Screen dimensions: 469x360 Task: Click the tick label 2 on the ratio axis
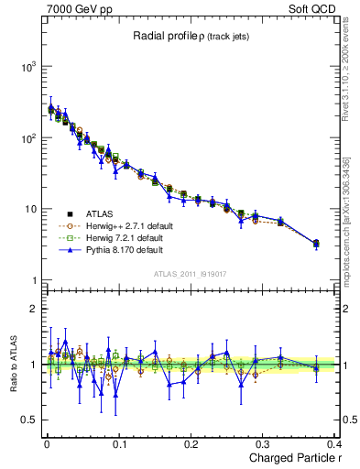click(x=33, y=309)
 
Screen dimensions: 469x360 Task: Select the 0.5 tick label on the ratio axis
click(x=29, y=420)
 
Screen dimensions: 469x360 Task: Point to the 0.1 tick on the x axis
click(x=119, y=442)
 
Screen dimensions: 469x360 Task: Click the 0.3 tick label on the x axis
click(x=265, y=442)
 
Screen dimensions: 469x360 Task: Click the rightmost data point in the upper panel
click(x=316, y=244)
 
